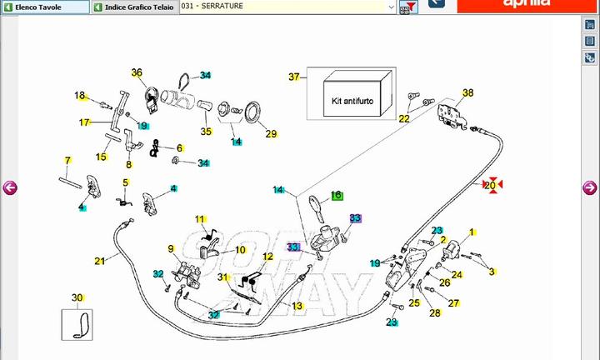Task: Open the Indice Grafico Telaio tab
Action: pos(133,7)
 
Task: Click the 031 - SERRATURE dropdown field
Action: pos(287,7)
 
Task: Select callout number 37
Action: pos(293,77)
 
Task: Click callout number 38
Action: pos(467,92)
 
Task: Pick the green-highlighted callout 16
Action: pos(337,195)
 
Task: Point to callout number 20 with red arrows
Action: pos(491,185)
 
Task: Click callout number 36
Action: pos(137,72)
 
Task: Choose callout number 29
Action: pos(271,133)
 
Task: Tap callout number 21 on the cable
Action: pos(100,261)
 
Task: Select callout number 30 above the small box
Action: pos(77,297)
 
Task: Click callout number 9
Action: pos(171,248)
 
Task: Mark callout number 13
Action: pos(297,306)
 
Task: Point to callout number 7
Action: pos(67,159)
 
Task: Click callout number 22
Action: pos(404,119)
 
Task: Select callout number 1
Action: pos(472,232)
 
